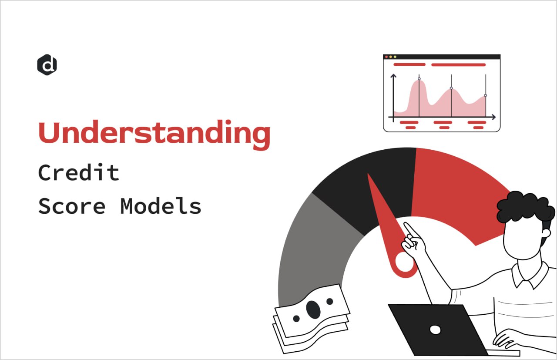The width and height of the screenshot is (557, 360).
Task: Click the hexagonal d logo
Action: [x=47, y=65]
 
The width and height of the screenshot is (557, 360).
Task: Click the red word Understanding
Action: [x=154, y=133]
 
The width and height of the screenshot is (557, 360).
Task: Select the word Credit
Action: [x=79, y=173]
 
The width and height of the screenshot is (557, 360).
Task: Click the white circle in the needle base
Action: [x=404, y=262]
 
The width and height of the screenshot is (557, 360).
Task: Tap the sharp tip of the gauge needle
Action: [x=369, y=175]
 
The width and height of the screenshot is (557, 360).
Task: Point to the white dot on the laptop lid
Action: [x=435, y=330]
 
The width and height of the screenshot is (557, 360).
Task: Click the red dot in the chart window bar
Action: [x=386, y=57]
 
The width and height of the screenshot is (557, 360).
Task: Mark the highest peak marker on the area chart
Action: [x=419, y=79]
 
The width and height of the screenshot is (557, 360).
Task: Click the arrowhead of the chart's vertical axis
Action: [x=393, y=76]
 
